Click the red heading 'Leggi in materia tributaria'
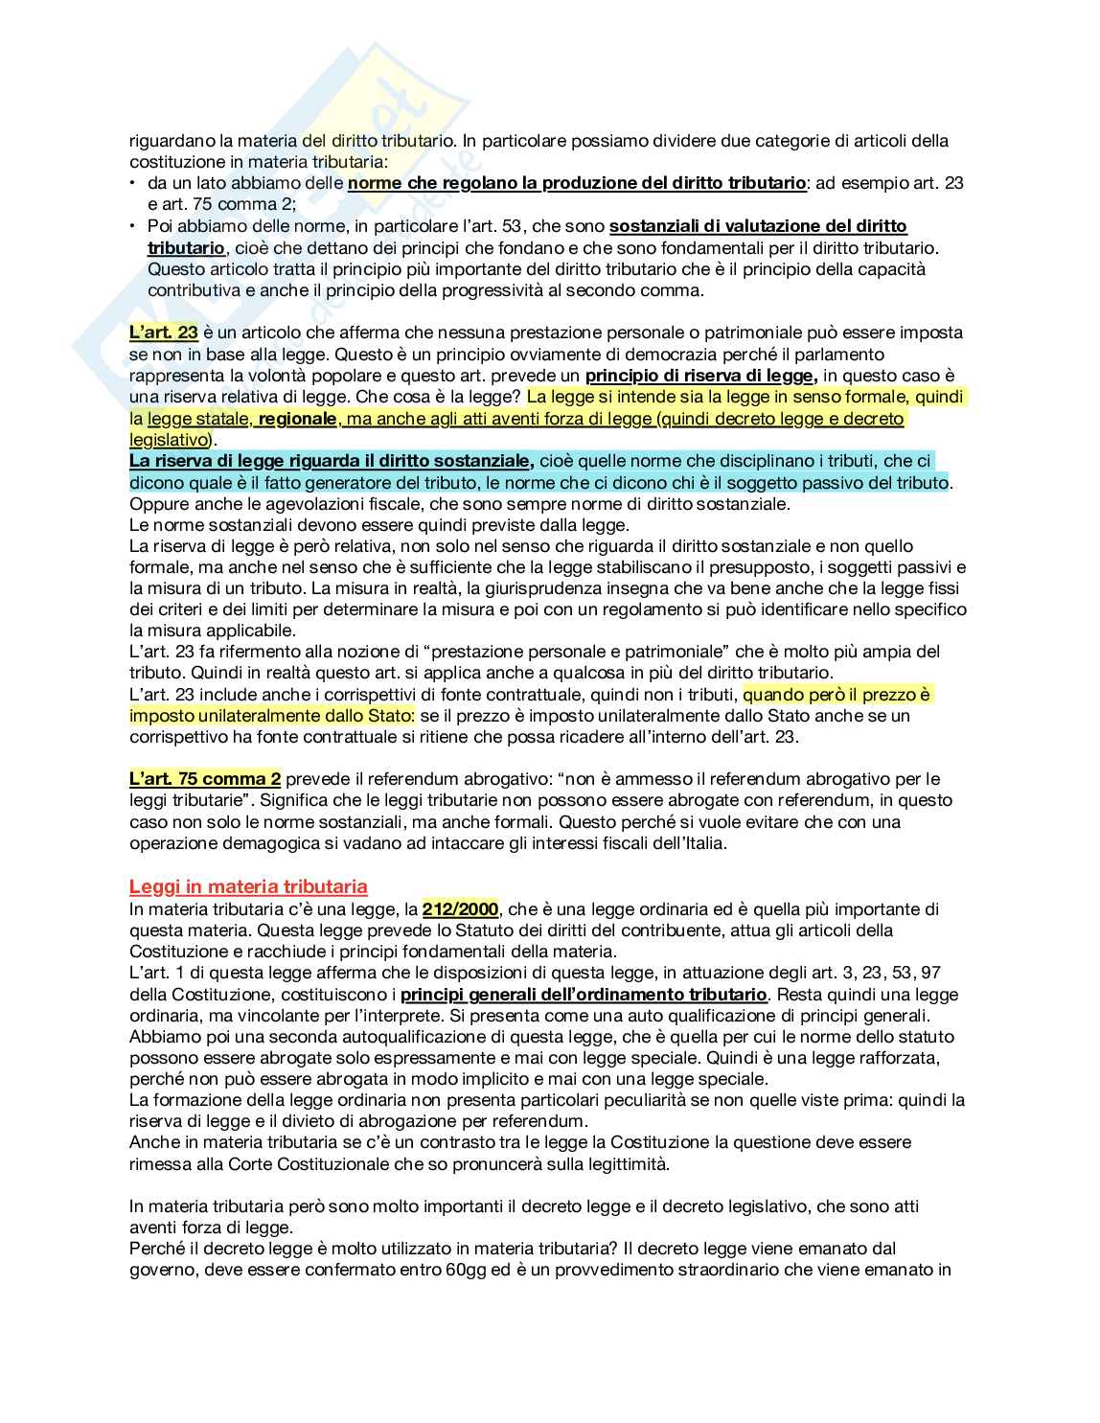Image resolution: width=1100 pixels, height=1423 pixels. click(x=248, y=887)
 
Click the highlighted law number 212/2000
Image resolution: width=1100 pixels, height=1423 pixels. click(x=460, y=908)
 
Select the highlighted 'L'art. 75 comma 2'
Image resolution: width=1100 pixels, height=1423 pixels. click(x=205, y=779)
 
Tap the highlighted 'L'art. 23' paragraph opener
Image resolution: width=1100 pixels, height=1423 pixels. click(x=164, y=333)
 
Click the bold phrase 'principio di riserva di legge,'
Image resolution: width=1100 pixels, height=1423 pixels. click(x=701, y=376)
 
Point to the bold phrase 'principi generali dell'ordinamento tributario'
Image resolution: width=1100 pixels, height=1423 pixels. click(x=584, y=995)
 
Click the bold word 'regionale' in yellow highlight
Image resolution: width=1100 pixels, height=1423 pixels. click(x=298, y=419)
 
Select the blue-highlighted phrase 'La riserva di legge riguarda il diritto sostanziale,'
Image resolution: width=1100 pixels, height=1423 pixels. click(x=332, y=461)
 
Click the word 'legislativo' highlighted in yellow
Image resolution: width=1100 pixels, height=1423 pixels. click(x=168, y=440)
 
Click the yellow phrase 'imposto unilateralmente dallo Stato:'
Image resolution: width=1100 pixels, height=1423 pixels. click(x=272, y=716)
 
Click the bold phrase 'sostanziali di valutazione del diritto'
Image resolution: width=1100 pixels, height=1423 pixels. click(x=758, y=226)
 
